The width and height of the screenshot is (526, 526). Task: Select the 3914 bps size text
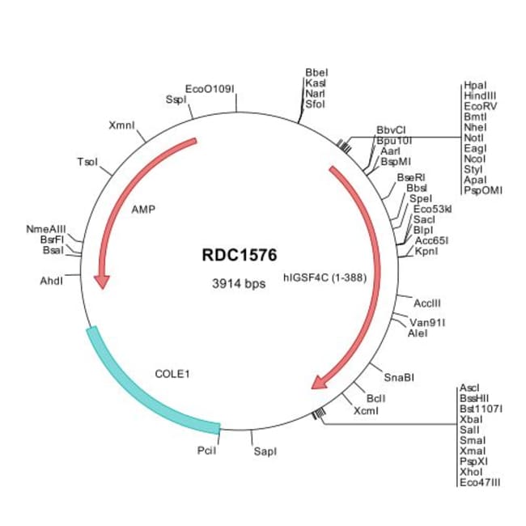(x=239, y=284)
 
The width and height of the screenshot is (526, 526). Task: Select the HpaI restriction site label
(x=475, y=85)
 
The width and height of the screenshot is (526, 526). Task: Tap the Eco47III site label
(x=480, y=482)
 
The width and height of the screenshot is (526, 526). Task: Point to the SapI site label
(x=265, y=451)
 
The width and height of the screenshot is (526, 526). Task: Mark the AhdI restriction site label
(x=53, y=280)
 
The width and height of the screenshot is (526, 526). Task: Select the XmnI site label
(x=121, y=125)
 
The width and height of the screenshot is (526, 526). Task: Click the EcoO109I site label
(x=210, y=88)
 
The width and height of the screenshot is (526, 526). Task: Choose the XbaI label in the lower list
(x=470, y=419)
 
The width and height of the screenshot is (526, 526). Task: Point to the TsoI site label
(x=87, y=162)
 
